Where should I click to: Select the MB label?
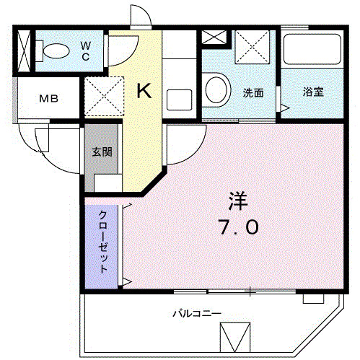coord(48,99)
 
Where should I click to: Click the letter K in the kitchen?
coord(144,91)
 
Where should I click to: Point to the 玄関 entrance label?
coord(102,152)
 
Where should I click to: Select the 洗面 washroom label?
coord(252,92)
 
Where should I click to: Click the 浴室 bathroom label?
coord(312,92)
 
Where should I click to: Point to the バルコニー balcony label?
coord(196,314)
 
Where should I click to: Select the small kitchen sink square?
coord(177,97)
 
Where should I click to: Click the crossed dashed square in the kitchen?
coord(105,93)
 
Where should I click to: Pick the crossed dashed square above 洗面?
coord(253,48)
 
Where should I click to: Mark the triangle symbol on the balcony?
coord(234,338)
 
